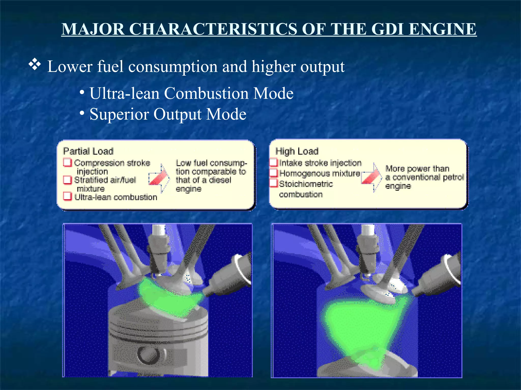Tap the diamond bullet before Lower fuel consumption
pyautogui.click(x=35, y=65)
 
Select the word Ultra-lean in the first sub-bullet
pyautogui.click(x=124, y=93)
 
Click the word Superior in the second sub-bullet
pyautogui.click(x=119, y=114)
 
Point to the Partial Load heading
pyautogui.click(x=88, y=151)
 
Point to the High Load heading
pyautogui.click(x=297, y=151)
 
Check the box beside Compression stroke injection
pyautogui.click(x=67, y=162)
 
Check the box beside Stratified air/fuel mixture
pyautogui.click(x=67, y=180)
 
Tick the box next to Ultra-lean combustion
pyautogui.click(x=67, y=197)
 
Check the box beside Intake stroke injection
pyautogui.click(x=273, y=162)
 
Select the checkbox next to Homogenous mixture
pyautogui.click(x=273, y=173)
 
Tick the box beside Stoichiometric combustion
pyautogui.click(x=273, y=183)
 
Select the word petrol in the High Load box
pyautogui.click(x=453, y=177)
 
